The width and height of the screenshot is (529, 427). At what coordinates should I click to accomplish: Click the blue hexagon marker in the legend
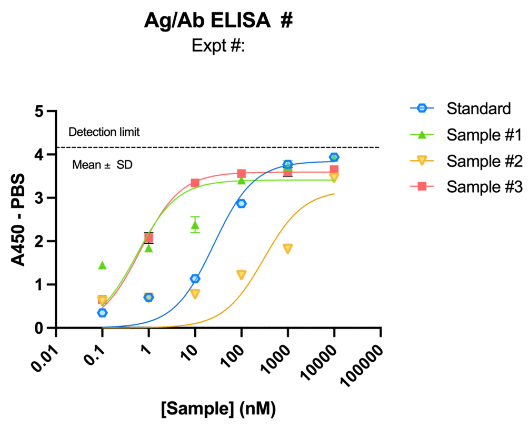[422, 108]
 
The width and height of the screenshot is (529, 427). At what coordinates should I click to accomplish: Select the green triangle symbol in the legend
[422, 134]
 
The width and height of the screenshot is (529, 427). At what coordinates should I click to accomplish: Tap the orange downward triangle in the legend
[422, 160]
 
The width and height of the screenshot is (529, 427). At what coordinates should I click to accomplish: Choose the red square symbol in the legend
[422, 186]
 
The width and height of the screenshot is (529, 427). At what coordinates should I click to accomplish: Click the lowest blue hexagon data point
[102, 313]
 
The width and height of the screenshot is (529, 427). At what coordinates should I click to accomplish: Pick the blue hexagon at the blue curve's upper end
[334, 157]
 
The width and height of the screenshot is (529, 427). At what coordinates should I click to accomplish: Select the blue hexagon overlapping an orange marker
[148, 297]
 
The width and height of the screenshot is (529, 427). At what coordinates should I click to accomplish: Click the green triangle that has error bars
[195, 225]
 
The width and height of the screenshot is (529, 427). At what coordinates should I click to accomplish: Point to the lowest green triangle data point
[102, 265]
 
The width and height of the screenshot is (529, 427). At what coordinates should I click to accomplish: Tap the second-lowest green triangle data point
[148, 248]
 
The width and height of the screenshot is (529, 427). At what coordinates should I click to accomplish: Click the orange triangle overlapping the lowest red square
[102, 301]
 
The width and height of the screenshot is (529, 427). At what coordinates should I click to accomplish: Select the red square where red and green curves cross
[148, 238]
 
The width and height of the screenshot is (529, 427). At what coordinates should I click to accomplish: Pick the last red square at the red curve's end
[334, 168]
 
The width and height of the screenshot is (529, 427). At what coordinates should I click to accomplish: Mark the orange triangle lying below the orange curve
[287, 249]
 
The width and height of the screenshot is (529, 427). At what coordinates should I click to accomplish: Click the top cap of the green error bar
[195, 216]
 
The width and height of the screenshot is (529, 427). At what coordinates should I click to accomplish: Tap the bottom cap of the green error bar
[195, 232]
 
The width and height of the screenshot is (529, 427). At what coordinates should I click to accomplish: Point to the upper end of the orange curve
[334, 194]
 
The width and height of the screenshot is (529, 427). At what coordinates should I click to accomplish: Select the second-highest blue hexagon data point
[287, 164]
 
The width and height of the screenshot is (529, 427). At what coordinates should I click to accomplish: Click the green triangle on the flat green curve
[241, 181]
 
